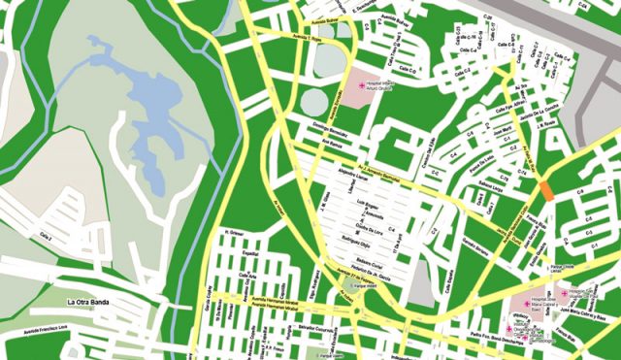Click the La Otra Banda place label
tap(84, 303)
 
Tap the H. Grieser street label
tap(233, 233)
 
